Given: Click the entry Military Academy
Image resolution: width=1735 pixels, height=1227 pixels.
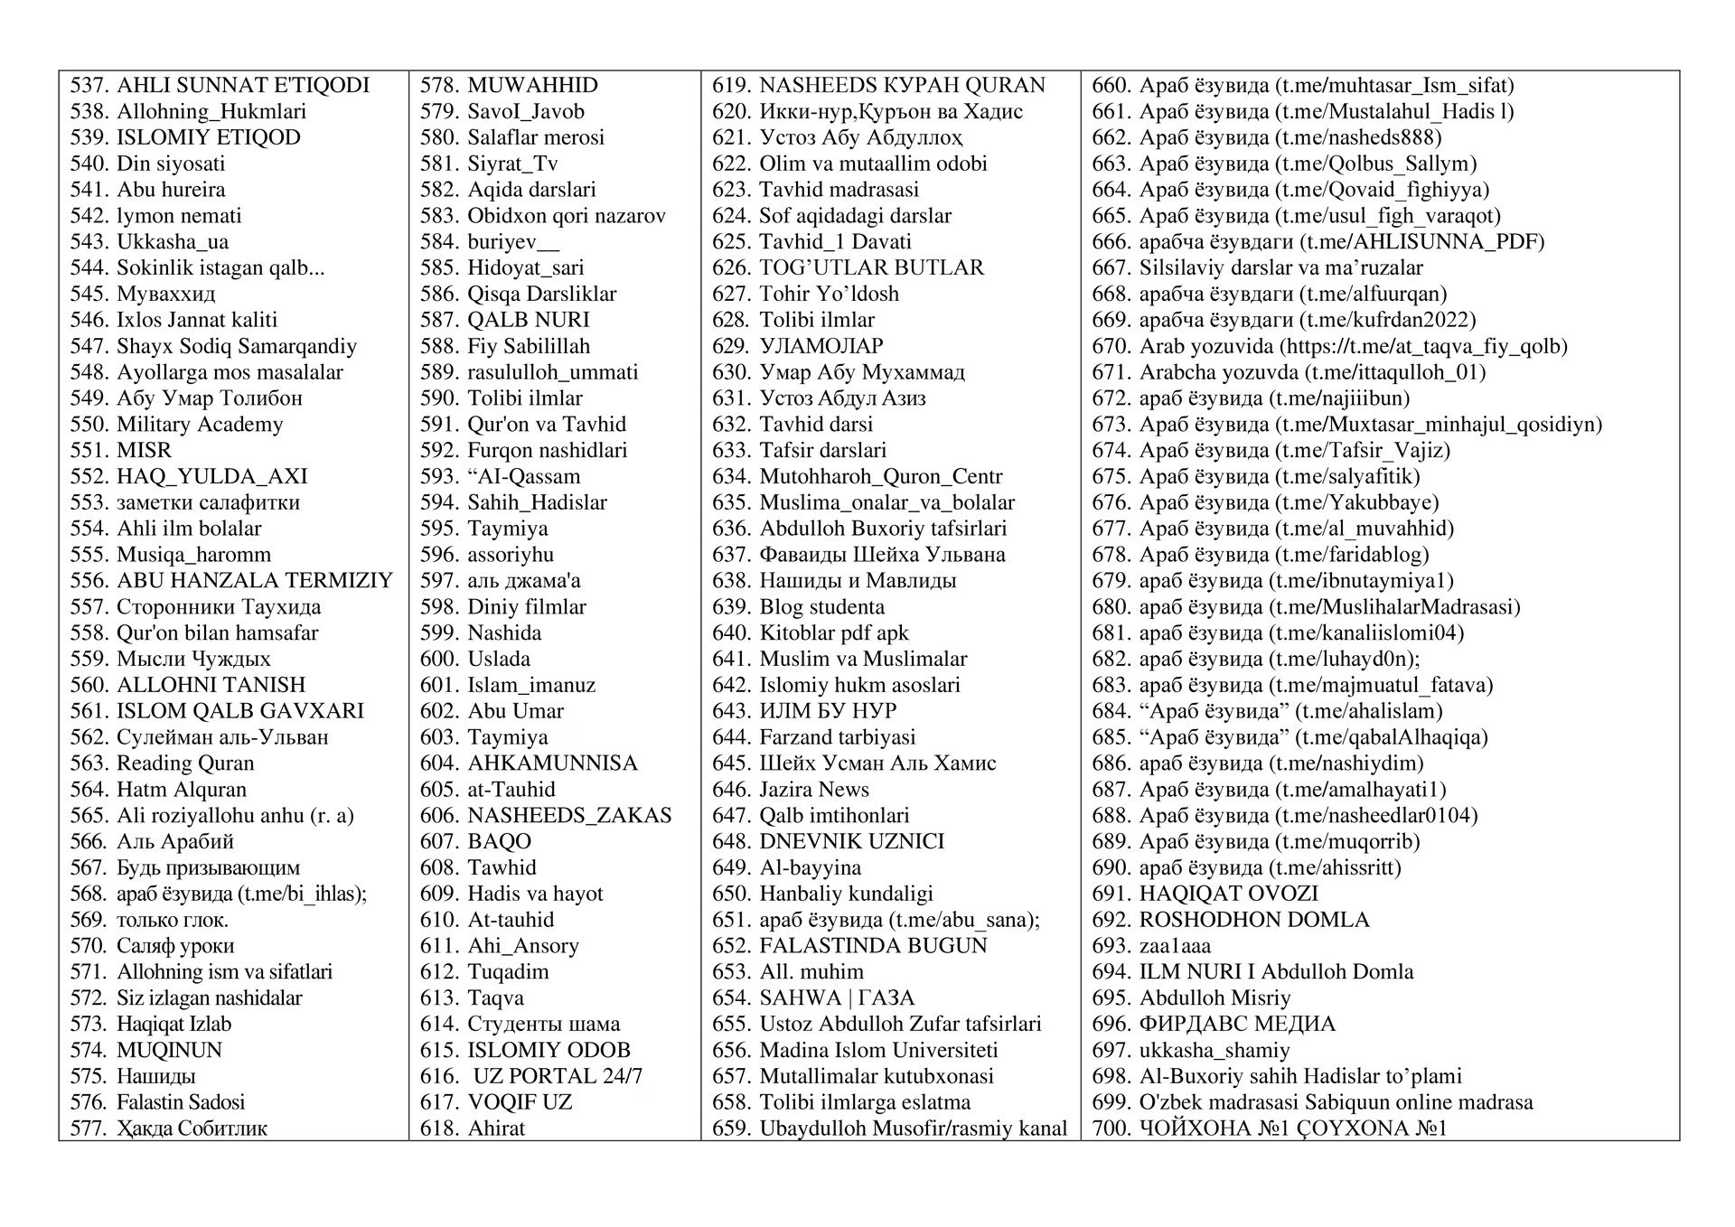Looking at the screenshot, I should tap(199, 425).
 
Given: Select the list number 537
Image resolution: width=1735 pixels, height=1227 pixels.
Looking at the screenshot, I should tap(89, 86).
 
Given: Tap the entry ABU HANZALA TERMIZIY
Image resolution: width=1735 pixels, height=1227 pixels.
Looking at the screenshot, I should tap(255, 581).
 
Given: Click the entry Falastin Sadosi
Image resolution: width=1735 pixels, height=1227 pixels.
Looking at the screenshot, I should tap(181, 1102).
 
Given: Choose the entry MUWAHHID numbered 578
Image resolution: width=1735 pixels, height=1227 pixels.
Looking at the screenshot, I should tap(532, 86).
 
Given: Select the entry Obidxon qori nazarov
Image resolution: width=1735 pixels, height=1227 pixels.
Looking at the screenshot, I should tap(566, 216).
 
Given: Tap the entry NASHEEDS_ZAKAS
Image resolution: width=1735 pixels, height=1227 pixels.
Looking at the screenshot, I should tap(569, 816).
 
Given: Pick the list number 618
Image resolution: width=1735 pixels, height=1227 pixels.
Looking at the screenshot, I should tap(439, 1129).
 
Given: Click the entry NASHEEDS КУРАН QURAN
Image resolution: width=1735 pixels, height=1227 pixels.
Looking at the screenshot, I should tap(902, 86).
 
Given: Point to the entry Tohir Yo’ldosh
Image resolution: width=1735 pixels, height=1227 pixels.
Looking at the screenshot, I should tap(829, 295).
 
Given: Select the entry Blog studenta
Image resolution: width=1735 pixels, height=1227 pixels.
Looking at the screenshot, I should tap(821, 607).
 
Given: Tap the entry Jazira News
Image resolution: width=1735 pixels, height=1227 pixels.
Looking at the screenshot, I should tap(814, 790).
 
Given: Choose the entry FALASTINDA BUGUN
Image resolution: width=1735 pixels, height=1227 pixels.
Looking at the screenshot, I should tap(873, 946).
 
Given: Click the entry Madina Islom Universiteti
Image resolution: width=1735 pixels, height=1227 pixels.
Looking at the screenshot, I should tap(878, 1050).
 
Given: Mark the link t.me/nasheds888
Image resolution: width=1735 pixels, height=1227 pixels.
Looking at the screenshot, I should tap(1357, 138).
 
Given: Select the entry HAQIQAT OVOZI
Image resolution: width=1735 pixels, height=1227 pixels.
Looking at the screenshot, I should tap(1228, 894).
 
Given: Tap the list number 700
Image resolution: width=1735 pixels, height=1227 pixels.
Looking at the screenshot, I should tap(1111, 1129).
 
